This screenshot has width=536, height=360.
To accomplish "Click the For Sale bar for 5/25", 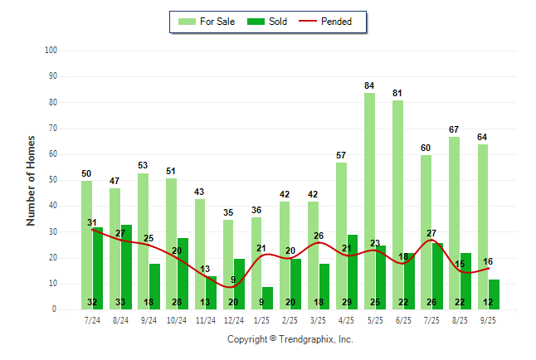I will [x=369, y=199].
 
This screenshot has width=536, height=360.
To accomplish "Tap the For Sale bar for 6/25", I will [x=397, y=203].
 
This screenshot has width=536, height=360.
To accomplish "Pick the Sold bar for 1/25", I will [x=267, y=297].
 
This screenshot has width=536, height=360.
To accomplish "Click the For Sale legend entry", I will [x=208, y=22].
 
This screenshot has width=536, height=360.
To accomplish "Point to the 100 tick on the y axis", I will [x=51, y=51].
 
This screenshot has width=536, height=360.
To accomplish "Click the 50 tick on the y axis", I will [x=52, y=180].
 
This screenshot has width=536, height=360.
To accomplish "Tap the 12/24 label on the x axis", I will [x=234, y=319].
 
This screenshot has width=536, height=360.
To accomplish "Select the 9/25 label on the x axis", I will [x=488, y=319].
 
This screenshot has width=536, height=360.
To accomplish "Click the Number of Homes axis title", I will [x=32, y=180].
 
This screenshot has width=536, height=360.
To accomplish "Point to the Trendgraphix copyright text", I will [x=290, y=339].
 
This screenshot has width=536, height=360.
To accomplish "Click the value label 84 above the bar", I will [x=369, y=85].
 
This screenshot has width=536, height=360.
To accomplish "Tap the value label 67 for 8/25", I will [x=454, y=129].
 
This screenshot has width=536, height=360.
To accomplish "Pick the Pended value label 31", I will [x=92, y=221].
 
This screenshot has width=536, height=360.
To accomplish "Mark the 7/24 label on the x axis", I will [x=92, y=319].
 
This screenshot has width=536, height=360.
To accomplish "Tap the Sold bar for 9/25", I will [x=494, y=294].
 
